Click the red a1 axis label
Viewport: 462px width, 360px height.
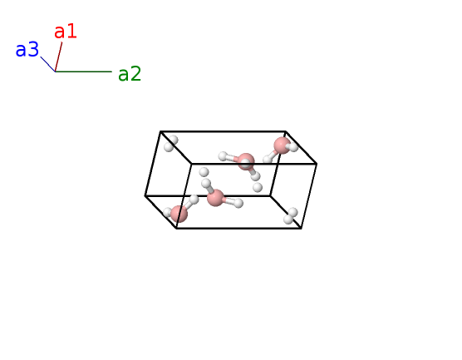click(66, 32)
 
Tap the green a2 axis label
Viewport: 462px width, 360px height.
click(130, 74)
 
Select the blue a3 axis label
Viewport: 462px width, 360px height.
click(27, 49)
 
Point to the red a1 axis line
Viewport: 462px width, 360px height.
click(59, 57)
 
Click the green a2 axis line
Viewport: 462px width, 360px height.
click(84, 72)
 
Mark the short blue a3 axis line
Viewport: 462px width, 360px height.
click(48, 64)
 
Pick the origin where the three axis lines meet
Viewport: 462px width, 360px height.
click(56, 72)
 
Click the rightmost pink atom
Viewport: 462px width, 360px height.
click(282, 145)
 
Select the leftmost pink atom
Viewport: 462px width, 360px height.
click(179, 214)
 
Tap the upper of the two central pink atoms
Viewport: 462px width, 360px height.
click(246, 161)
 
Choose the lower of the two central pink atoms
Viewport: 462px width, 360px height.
click(215, 198)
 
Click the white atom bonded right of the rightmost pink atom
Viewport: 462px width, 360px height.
click(293, 146)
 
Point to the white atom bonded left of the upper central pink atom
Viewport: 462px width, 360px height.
click(223, 156)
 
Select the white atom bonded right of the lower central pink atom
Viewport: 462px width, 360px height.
click(238, 203)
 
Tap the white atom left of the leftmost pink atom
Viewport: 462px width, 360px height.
click(167, 212)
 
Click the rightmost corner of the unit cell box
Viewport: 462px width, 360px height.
click(317, 164)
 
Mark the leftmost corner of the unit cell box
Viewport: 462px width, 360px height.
click(145, 195)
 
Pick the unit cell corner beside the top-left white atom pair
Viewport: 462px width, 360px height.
click(160, 131)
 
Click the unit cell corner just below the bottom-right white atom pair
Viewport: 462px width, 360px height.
click(301, 228)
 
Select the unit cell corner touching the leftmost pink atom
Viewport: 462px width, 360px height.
click(176, 228)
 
